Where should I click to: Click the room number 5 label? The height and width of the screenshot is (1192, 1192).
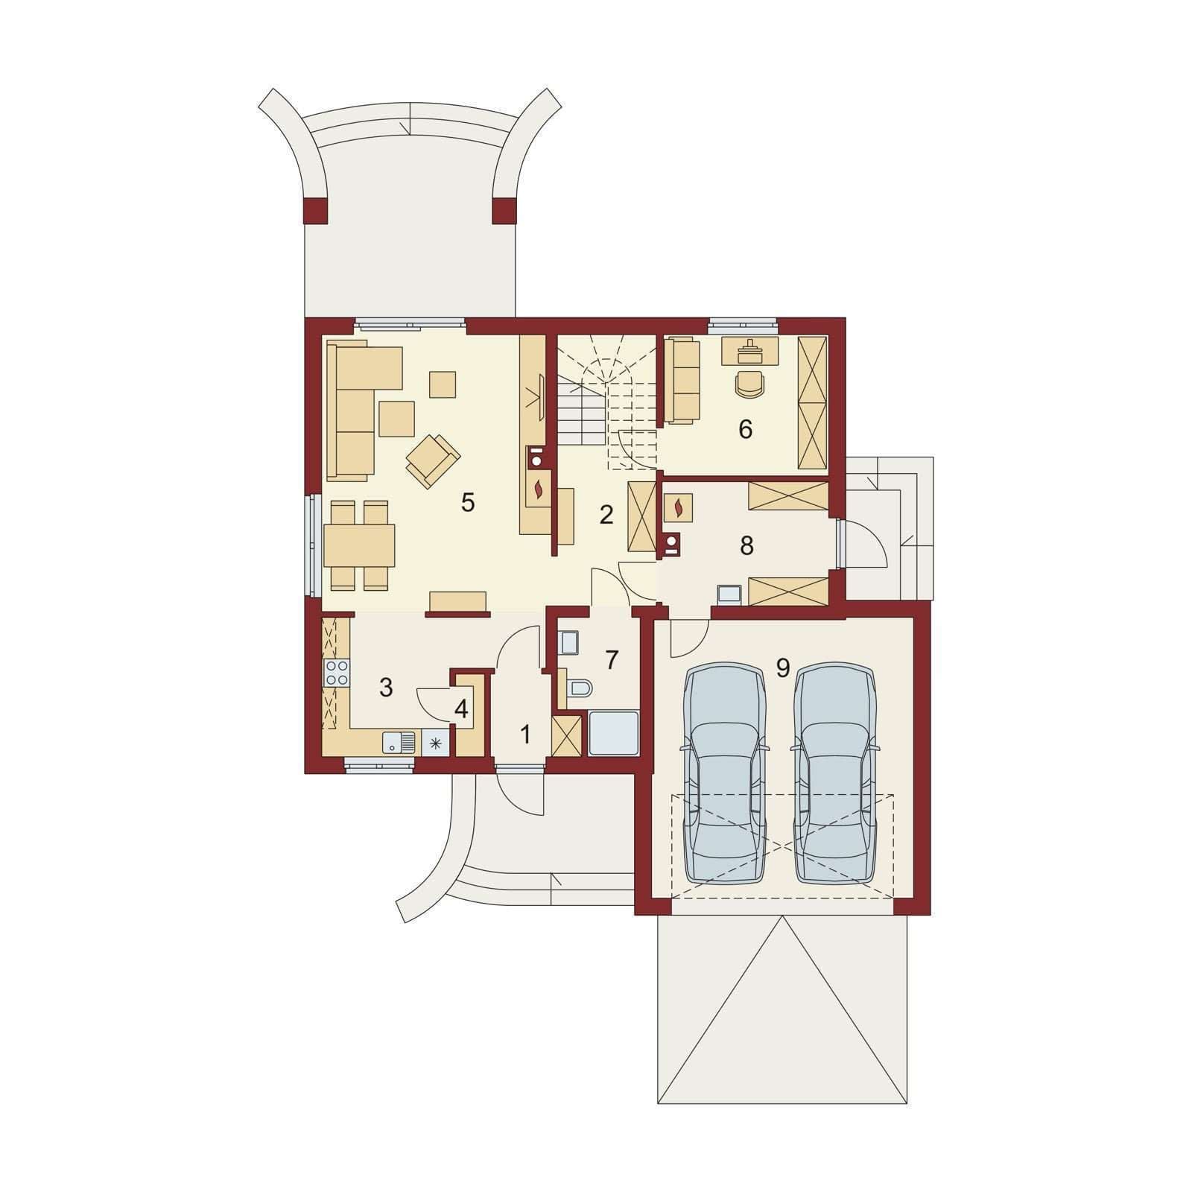point(467,503)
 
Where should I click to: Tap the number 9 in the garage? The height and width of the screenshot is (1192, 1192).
point(782,668)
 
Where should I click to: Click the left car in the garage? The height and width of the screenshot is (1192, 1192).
point(725,773)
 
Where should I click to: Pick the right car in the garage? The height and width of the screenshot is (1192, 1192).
point(835,773)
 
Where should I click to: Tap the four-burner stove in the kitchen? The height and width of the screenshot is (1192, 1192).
point(337,673)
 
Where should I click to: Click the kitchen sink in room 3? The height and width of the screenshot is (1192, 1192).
point(399,743)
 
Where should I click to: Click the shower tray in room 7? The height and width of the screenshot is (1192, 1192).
point(614,734)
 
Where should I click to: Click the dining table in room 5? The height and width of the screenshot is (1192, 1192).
point(359,545)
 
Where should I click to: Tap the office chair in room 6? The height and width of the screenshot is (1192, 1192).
point(749,384)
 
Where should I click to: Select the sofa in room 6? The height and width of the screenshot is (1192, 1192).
point(682,381)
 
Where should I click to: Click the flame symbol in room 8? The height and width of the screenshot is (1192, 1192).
point(677,509)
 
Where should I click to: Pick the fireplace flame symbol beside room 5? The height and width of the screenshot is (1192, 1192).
point(539,489)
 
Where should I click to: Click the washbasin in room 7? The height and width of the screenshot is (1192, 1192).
point(568,642)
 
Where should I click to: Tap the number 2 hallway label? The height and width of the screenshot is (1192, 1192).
point(606,514)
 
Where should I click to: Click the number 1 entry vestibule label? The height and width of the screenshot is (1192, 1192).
point(525,735)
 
